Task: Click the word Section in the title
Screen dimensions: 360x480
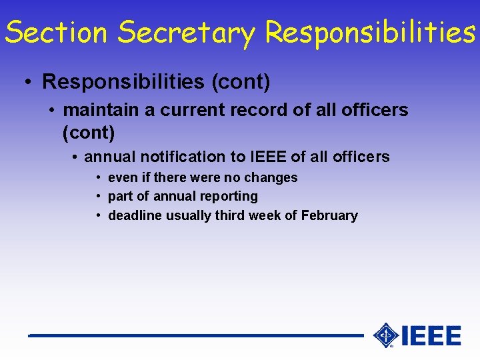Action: click(56, 32)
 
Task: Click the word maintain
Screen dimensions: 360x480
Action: click(100, 110)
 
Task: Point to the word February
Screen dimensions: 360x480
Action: click(329, 215)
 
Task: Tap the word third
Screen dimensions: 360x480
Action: click(236, 215)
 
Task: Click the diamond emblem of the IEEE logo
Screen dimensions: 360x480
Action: click(385, 335)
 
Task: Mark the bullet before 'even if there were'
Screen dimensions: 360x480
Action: click(98, 178)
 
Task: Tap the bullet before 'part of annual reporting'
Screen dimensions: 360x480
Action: click(98, 197)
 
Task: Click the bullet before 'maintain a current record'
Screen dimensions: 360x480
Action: click(52, 110)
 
